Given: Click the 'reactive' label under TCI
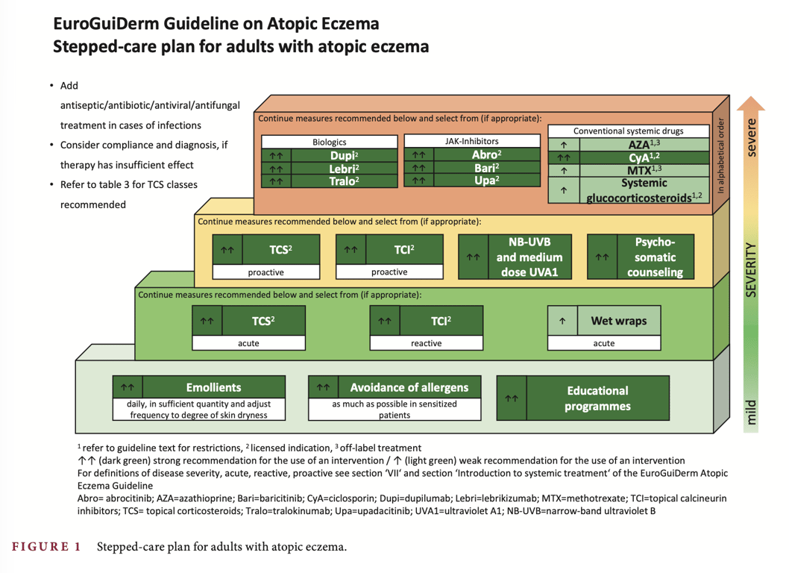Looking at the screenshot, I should tap(426, 343).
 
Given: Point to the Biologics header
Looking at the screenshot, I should tap(329, 142).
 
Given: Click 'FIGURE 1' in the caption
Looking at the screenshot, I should tap(46, 547).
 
